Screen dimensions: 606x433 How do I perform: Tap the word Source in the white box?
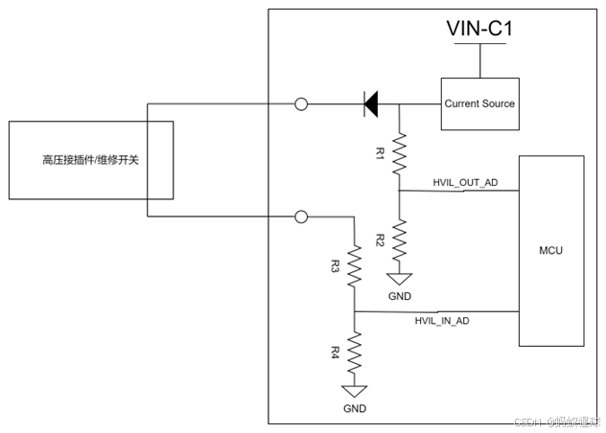pyautogui.click(x=498, y=103)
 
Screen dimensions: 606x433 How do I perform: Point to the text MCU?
pyautogui.click(x=551, y=251)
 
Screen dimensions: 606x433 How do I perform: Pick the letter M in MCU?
pyautogui.click(x=544, y=251)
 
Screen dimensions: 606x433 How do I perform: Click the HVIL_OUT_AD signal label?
pyautogui.click(x=466, y=183)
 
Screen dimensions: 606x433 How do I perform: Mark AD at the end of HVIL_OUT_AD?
pyautogui.click(x=491, y=183)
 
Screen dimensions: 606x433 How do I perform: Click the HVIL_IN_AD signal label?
pyautogui.click(x=442, y=321)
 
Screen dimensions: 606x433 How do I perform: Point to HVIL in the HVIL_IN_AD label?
pyautogui.click(x=426, y=321)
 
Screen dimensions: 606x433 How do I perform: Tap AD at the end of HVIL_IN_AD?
pyautogui.click(x=463, y=321)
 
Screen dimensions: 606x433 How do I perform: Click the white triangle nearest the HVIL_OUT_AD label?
pyautogui.click(x=399, y=279)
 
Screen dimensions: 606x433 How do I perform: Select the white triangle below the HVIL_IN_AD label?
pyautogui.click(x=355, y=391)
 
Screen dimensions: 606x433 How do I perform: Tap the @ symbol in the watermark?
pyautogui.click(x=551, y=422)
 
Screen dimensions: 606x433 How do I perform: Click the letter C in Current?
pyautogui.click(x=448, y=103)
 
